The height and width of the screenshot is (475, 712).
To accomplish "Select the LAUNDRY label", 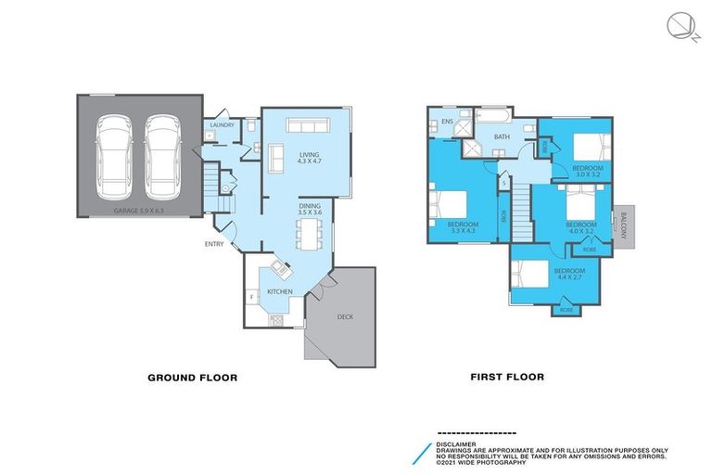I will coord(222,124).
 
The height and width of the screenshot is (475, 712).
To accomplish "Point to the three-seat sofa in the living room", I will coord(308,126).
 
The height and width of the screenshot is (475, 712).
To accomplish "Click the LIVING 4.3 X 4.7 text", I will coord(309,159).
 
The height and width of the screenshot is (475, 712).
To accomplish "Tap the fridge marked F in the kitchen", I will coord(252,297).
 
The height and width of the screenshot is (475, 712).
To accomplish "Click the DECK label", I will coord(345,316).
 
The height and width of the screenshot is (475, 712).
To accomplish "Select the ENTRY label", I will coord(215,245).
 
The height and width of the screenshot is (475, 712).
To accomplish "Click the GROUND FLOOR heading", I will coord(193,378).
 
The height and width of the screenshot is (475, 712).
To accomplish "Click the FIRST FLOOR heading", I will coord(507,378).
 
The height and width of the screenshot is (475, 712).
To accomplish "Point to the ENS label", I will coord(447,122).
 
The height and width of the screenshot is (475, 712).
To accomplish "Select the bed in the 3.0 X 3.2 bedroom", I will coord(591,147).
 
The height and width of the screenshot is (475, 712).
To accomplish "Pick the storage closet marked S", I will coord(504,183).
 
